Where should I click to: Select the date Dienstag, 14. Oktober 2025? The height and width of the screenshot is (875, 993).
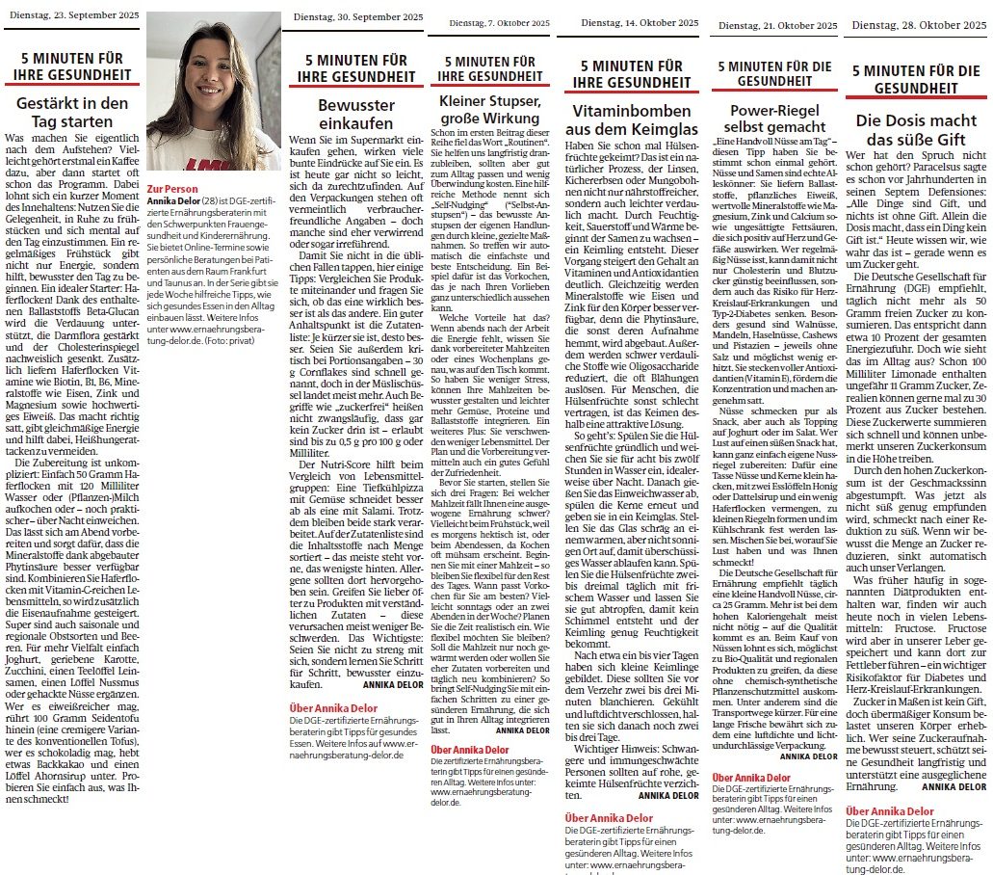(x=635, y=21)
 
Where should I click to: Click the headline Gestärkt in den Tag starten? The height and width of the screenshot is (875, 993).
(x=72, y=113)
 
